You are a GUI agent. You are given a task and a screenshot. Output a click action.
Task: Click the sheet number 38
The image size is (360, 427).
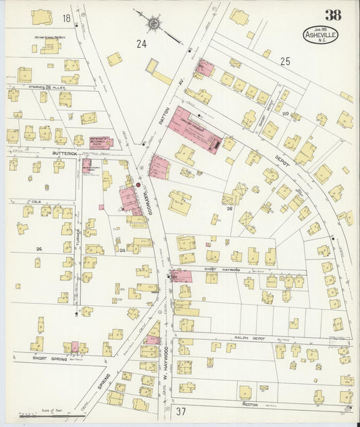[332, 15]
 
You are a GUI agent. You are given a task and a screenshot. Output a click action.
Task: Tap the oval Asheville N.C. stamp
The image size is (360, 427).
[320, 35]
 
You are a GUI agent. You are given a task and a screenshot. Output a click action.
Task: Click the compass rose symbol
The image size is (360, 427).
[154, 24]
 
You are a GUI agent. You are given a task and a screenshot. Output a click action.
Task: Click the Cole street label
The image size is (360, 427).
[36, 201]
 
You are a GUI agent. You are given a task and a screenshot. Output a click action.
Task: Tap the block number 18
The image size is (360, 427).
[66, 18]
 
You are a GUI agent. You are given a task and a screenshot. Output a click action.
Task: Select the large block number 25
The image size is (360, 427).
[285, 61]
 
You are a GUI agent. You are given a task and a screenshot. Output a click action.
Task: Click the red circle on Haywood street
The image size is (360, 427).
[138, 184]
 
